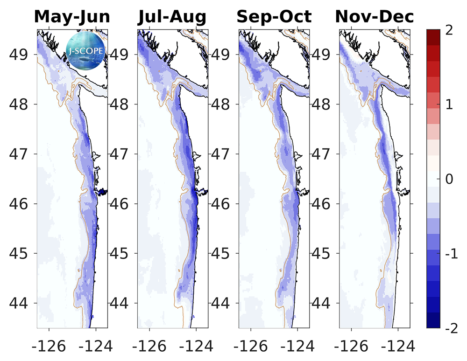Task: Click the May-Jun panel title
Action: (72, 17)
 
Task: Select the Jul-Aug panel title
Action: (172, 17)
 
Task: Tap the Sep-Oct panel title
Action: (274, 17)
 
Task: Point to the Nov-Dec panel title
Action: (375, 17)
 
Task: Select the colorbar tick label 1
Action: (450, 105)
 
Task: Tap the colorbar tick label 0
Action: (450, 179)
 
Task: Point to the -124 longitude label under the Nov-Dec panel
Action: (397, 347)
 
